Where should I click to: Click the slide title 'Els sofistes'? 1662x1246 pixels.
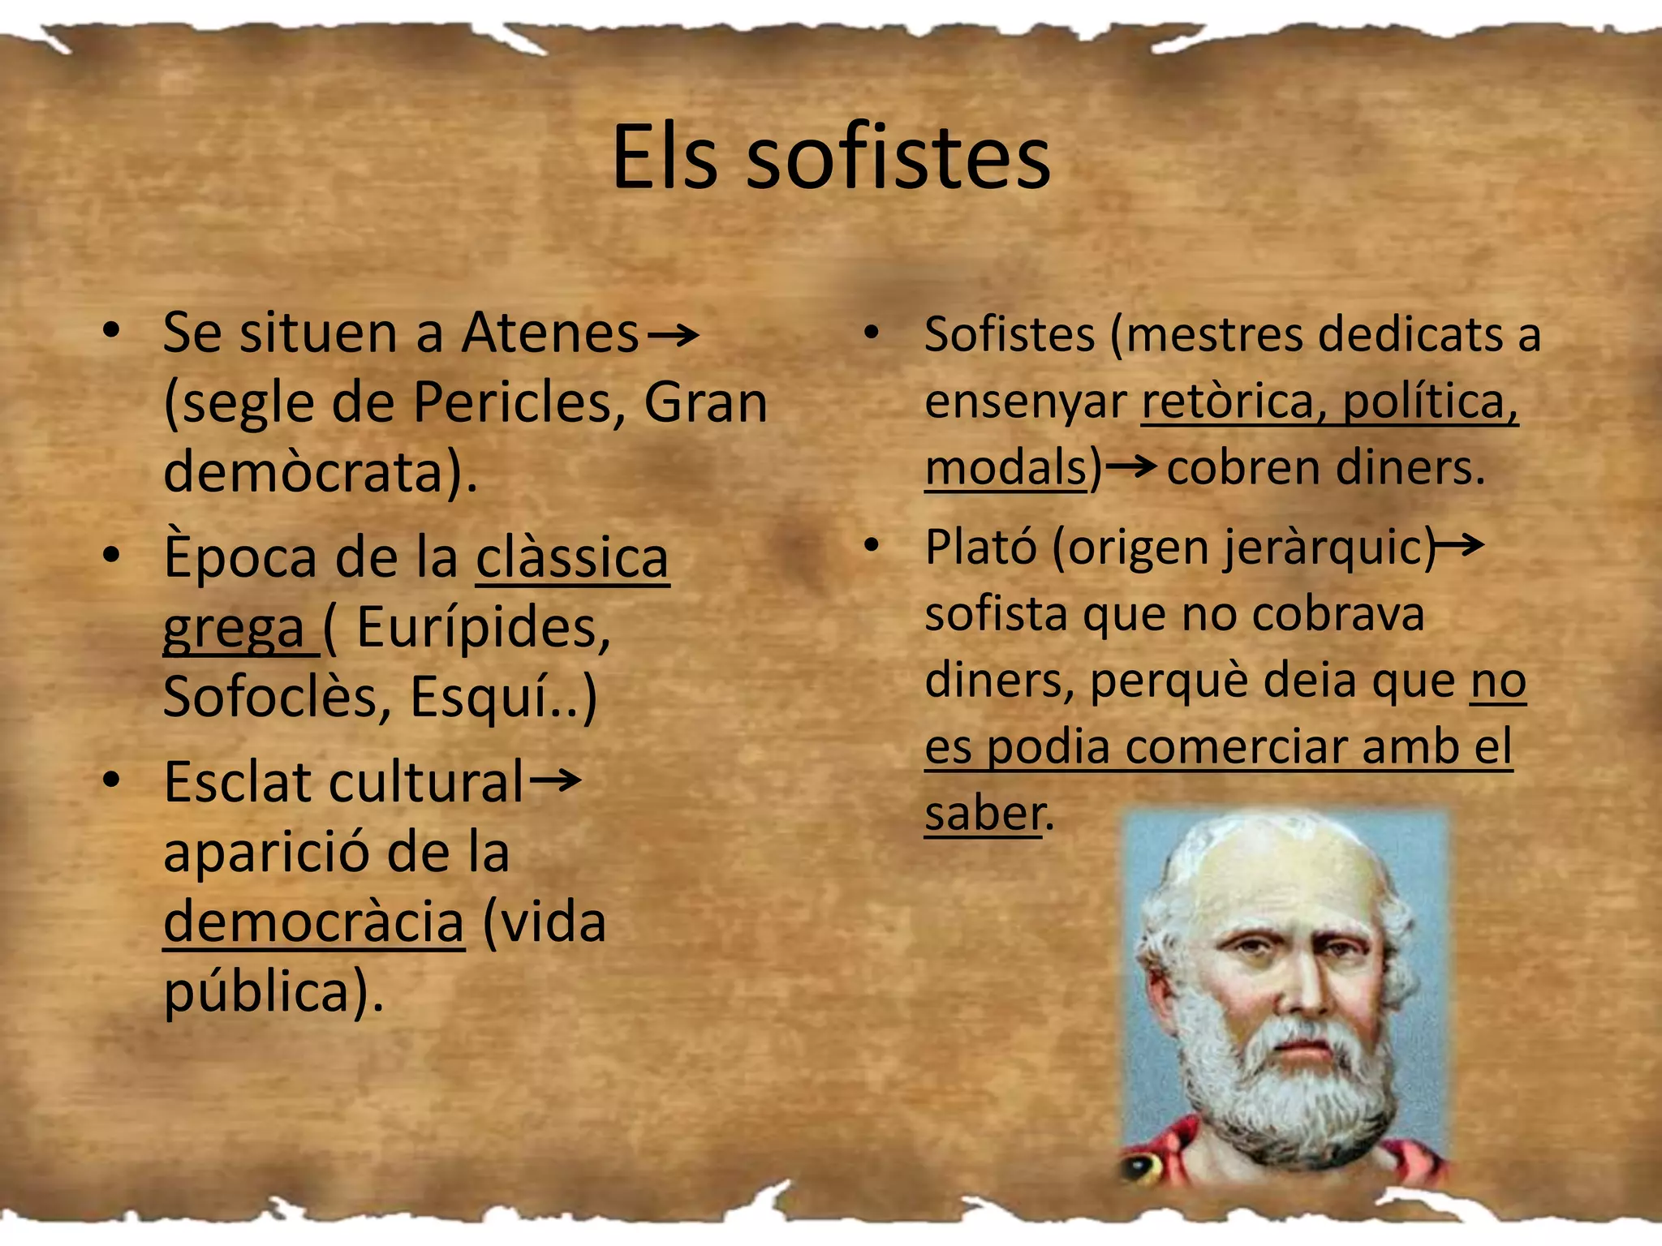(x=830, y=158)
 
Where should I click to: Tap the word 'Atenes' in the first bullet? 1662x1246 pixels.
(x=550, y=333)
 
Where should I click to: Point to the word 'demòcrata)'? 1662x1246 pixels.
(x=320, y=473)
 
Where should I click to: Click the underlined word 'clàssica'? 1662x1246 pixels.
(x=572, y=558)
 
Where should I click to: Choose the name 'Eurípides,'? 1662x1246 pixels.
(x=484, y=628)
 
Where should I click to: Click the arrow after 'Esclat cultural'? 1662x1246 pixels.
(x=556, y=781)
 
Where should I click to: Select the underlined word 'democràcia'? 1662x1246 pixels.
(x=314, y=923)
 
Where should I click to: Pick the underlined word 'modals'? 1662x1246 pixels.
(x=1005, y=469)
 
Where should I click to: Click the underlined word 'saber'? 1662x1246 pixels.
(x=983, y=814)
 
